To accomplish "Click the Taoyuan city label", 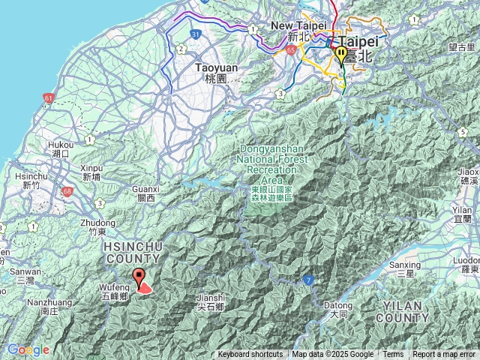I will [x=211, y=72].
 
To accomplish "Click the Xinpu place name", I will [x=91, y=172].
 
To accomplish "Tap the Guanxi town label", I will [x=145, y=193].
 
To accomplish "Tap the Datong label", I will [x=337, y=310].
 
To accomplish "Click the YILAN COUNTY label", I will [x=405, y=312].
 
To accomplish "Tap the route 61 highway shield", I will [x=49, y=97].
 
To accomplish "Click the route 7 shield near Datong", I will [x=307, y=280].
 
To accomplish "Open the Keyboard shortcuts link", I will [x=250, y=355].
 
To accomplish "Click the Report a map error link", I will [x=444, y=355].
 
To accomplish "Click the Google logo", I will [x=28, y=349].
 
